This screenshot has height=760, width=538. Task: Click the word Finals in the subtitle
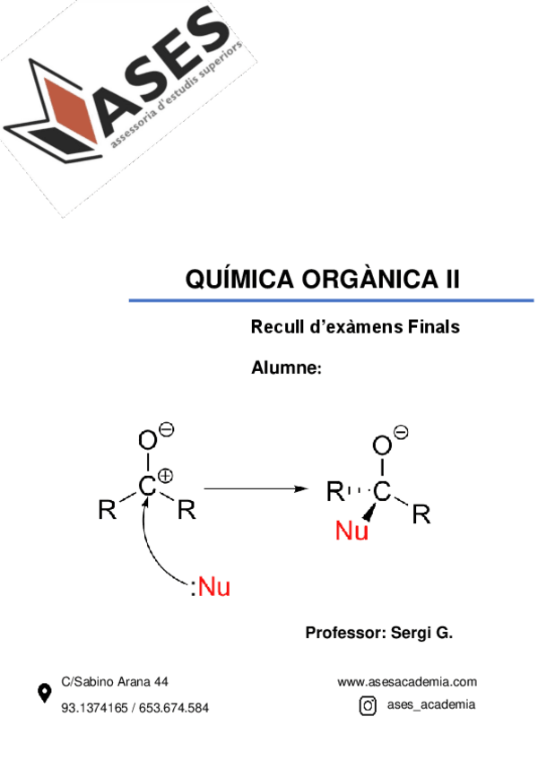433,327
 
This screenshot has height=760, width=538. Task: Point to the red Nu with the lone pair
213,588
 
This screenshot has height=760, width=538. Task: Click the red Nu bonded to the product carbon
352,532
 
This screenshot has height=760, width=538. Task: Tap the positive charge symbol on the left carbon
165,476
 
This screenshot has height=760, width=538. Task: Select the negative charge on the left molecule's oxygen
166,429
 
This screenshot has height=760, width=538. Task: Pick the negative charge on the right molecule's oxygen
401,433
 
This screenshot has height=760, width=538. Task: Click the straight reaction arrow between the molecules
256,488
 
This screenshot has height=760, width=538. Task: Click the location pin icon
43,693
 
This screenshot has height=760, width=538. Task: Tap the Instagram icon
368,706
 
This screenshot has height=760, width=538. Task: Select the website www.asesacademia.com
407,682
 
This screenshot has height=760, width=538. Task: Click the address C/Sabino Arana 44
114,682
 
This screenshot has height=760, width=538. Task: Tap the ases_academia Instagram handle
430,705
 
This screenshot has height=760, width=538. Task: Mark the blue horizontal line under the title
331,300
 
